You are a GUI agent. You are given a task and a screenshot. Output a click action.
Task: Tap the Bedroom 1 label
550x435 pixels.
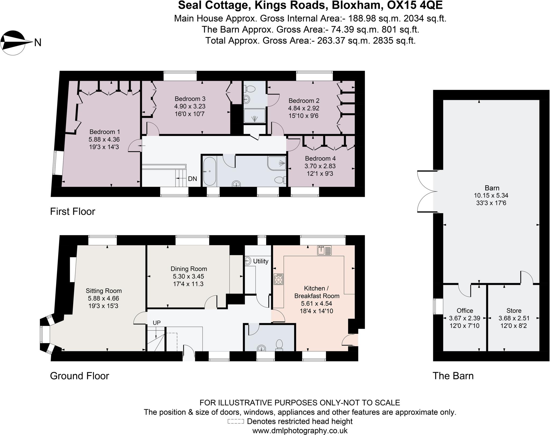point(104,132)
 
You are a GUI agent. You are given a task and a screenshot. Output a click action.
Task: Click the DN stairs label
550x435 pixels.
point(192,179)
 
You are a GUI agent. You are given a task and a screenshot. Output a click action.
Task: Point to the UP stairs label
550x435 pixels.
point(157,323)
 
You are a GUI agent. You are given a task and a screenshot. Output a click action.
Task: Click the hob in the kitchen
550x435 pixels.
point(278,279)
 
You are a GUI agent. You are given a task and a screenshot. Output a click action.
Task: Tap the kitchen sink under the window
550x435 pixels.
point(324,250)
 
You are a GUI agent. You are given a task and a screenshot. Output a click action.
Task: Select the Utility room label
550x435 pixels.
point(260,261)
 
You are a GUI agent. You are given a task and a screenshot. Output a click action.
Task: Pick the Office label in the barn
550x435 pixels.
point(465,311)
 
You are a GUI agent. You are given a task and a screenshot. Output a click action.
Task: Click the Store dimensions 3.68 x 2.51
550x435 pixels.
point(514,318)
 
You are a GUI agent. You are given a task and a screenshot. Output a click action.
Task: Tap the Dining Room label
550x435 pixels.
point(189,269)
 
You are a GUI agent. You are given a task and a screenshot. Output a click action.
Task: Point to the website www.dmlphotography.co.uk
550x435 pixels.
point(300,431)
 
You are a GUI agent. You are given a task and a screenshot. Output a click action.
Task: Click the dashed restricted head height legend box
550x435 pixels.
point(236,422)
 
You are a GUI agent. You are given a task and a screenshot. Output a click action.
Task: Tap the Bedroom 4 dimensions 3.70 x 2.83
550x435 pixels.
point(320,166)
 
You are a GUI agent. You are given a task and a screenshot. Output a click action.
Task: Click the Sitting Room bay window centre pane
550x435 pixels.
point(42,334)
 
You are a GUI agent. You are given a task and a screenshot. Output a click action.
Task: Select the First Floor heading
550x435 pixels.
point(73,212)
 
